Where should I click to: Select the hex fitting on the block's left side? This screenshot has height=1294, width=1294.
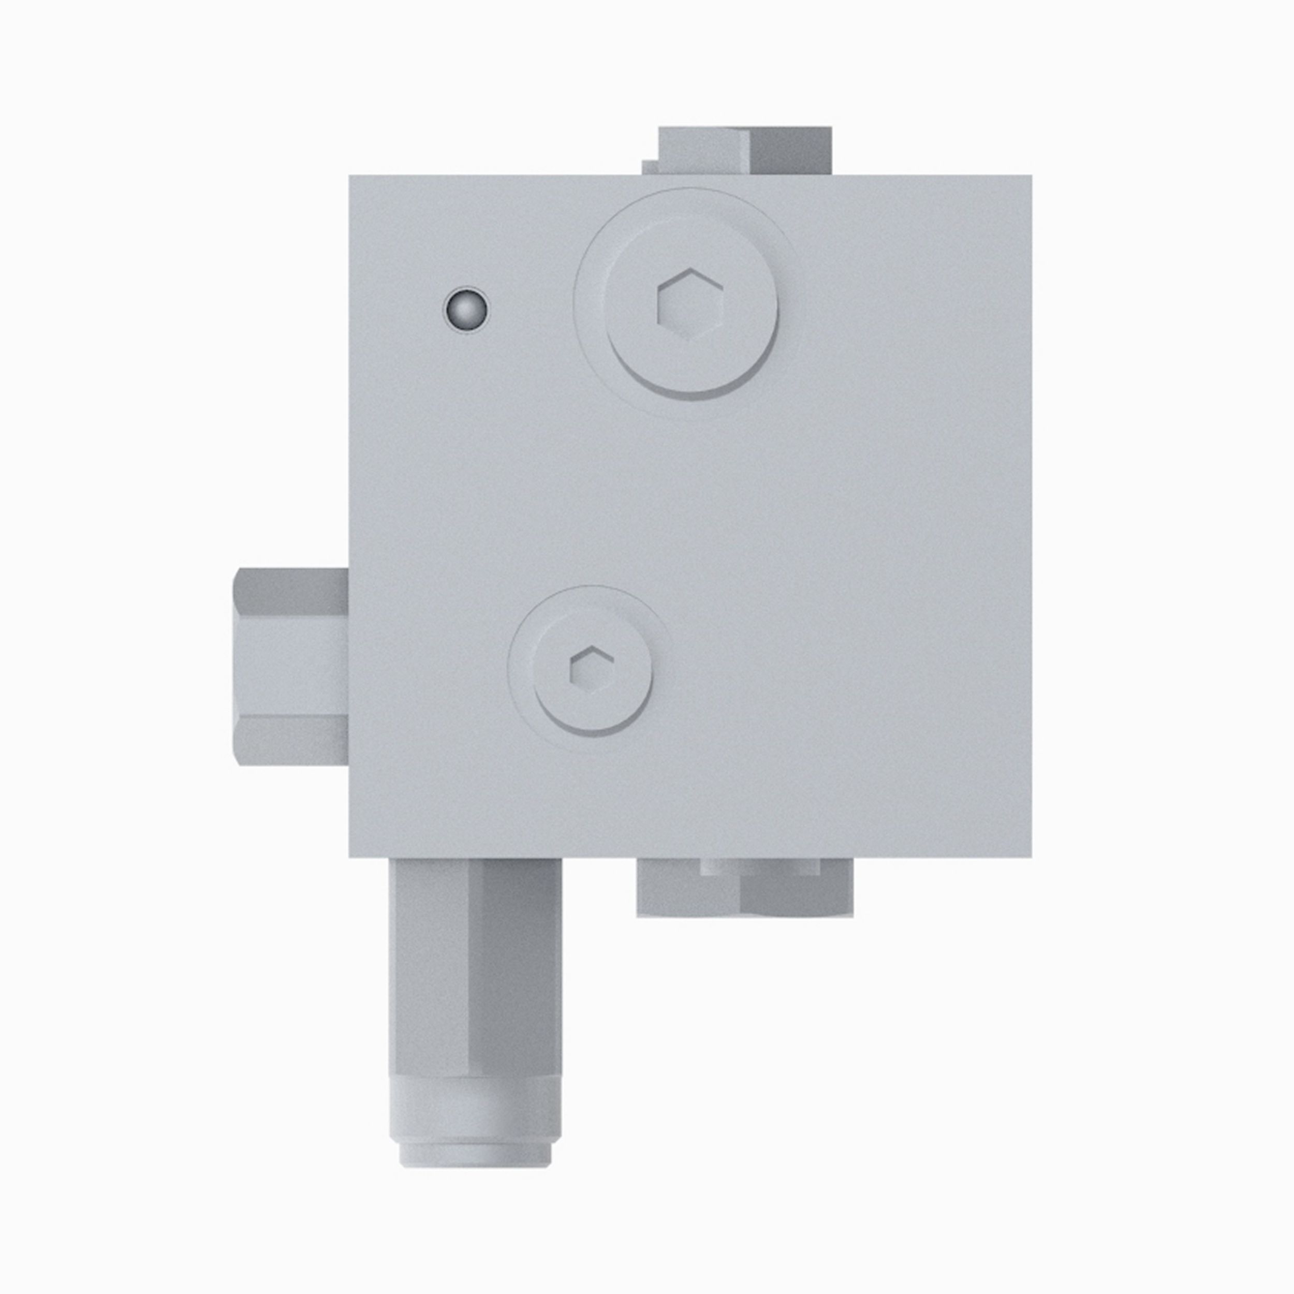pyautogui.click(x=292, y=667)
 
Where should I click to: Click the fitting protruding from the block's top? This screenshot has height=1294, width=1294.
pyautogui.click(x=744, y=151)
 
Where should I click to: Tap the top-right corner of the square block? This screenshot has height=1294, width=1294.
pyautogui.click(x=1030, y=178)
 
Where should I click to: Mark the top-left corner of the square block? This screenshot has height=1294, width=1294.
pyautogui.click(x=351, y=178)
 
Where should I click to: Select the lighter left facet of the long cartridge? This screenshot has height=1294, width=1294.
pyautogui.click(x=429, y=964)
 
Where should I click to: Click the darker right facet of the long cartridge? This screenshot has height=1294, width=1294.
pyautogui.click(x=514, y=964)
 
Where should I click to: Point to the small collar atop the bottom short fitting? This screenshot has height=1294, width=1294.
pyautogui.click(x=760, y=866)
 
